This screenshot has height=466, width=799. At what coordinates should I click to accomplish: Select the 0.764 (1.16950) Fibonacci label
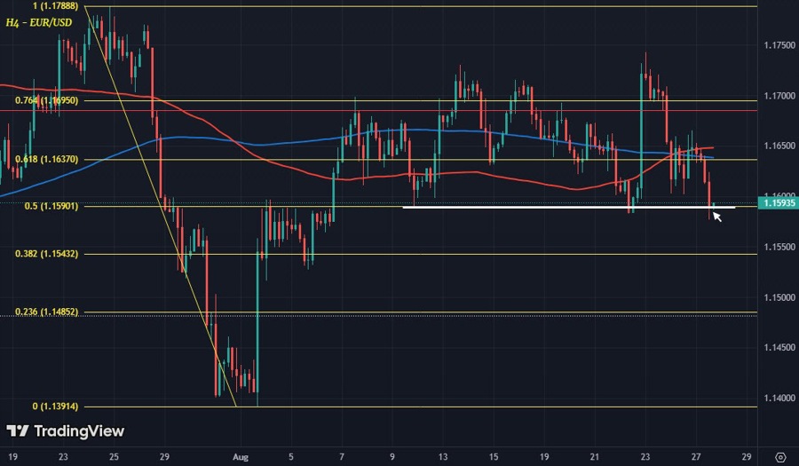(x=47, y=102)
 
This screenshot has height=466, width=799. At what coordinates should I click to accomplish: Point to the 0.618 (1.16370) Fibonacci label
(x=47, y=160)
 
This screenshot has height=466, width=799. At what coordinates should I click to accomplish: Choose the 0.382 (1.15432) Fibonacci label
(x=47, y=254)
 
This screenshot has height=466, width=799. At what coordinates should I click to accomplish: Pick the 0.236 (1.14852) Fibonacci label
(x=47, y=312)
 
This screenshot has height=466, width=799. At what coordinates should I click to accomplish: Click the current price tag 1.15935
(x=778, y=203)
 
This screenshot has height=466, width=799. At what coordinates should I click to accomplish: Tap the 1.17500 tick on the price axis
(x=778, y=44)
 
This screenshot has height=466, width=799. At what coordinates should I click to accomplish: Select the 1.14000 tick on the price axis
(x=778, y=398)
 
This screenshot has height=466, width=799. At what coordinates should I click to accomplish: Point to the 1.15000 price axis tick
(x=778, y=297)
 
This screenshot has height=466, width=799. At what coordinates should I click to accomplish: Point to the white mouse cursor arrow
(x=716, y=216)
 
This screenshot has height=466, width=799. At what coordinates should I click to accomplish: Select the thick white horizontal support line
(x=568, y=208)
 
